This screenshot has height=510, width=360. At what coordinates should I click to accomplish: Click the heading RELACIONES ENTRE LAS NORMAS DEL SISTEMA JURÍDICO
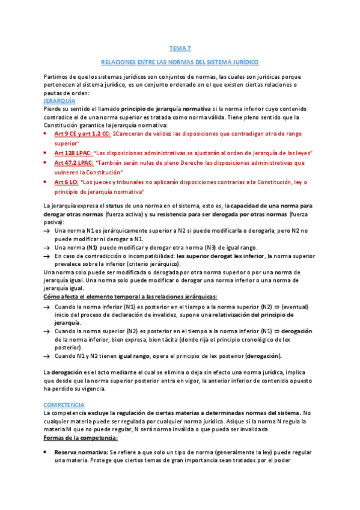180,62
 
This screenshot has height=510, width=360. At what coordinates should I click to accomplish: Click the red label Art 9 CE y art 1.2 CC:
82,134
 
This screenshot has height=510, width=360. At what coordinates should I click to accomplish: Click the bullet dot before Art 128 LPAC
47,153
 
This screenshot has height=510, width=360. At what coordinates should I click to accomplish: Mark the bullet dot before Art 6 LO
47,182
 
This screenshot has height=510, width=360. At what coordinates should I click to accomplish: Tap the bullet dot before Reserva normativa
47,451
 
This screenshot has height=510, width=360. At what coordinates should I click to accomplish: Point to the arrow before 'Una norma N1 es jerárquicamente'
47,231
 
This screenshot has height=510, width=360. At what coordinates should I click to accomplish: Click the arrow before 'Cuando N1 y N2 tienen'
47,356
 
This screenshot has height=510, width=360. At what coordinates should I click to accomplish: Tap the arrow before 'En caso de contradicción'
47,256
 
